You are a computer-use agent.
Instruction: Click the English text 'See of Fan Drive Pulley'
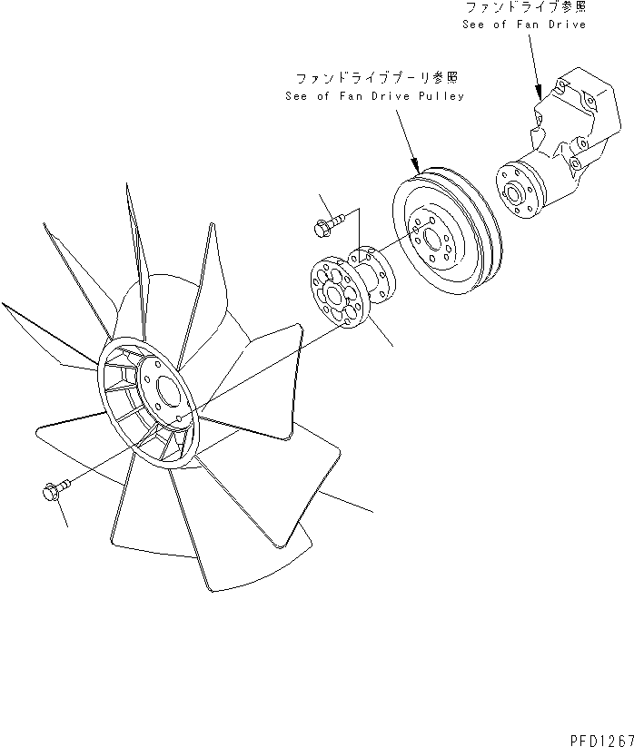point(374,96)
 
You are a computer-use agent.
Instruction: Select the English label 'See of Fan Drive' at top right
point(523,24)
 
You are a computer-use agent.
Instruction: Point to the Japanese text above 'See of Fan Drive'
point(525,8)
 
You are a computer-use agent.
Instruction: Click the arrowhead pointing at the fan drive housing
point(540,93)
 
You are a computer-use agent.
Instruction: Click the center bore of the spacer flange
point(337,293)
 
